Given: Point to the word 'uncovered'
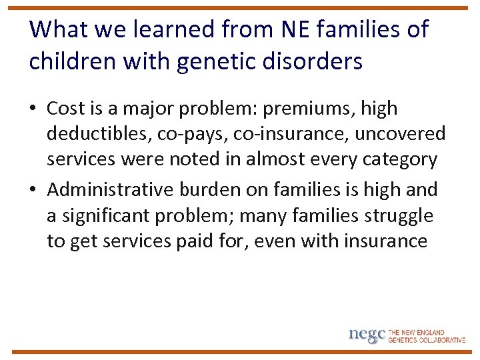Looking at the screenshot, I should coord(400,134).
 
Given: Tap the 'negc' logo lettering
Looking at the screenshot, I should coord(367,334).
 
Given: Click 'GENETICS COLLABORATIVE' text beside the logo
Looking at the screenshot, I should coord(427,339).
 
